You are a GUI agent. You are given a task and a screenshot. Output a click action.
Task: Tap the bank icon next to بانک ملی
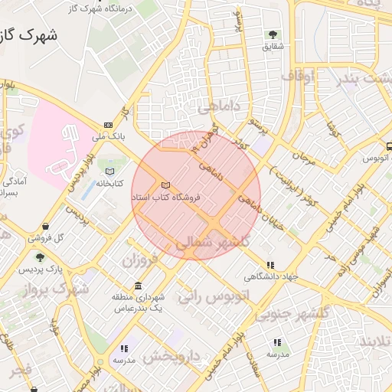click(x=108, y=125)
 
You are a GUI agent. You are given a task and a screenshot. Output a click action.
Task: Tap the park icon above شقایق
click(x=273, y=34)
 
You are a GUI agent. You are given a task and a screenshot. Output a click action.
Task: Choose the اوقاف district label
click(x=298, y=77)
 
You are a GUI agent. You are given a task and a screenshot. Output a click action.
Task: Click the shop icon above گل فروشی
click(x=47, y=227)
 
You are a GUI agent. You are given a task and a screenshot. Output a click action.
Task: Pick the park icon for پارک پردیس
click(x=40, y=257)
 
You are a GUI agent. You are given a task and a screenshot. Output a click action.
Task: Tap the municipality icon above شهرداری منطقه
click(x=138, y=285)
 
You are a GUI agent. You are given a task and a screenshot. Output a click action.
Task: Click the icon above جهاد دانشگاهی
click(x=269, y=262)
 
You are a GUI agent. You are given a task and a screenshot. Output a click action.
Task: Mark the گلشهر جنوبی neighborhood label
click(x=291, y=313)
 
